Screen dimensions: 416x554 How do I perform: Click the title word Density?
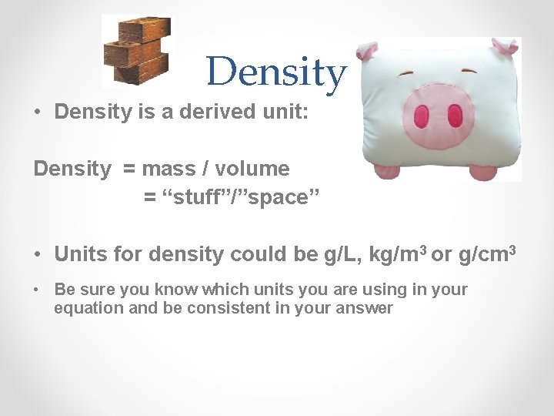coord(276,72)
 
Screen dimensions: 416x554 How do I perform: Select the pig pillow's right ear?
coord(504,47)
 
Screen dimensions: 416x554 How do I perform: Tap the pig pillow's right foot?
coord(484,171)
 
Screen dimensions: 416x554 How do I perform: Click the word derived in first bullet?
coord(219,112)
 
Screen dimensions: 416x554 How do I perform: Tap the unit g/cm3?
coord(486,253)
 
